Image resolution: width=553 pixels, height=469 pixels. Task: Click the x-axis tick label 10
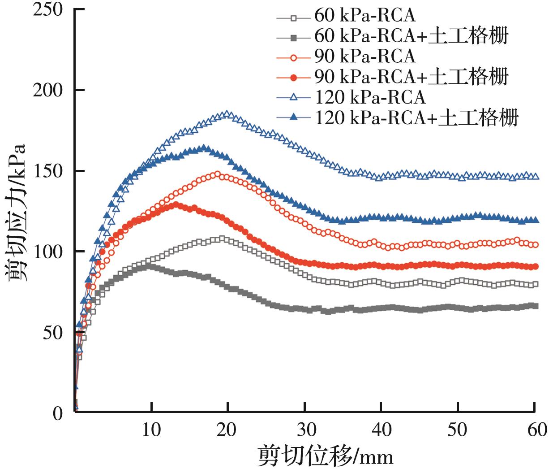[x=152, y=430]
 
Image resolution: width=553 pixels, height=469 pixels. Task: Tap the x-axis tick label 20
[x=228, y=430]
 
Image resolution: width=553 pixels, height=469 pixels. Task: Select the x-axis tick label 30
[x=304, y=430]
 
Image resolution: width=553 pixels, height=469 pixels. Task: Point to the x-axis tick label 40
[x=381, y=430]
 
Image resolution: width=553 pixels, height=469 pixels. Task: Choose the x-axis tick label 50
[x=457, y=430]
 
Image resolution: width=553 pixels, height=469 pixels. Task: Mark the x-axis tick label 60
[x=534, y=430]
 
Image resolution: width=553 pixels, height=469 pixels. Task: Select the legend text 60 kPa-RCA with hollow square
[x=365, y=16]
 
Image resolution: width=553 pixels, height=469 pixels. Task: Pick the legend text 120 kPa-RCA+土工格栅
[x=417, y=118]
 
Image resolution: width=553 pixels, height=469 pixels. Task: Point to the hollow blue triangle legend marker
[x=294, y=97]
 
